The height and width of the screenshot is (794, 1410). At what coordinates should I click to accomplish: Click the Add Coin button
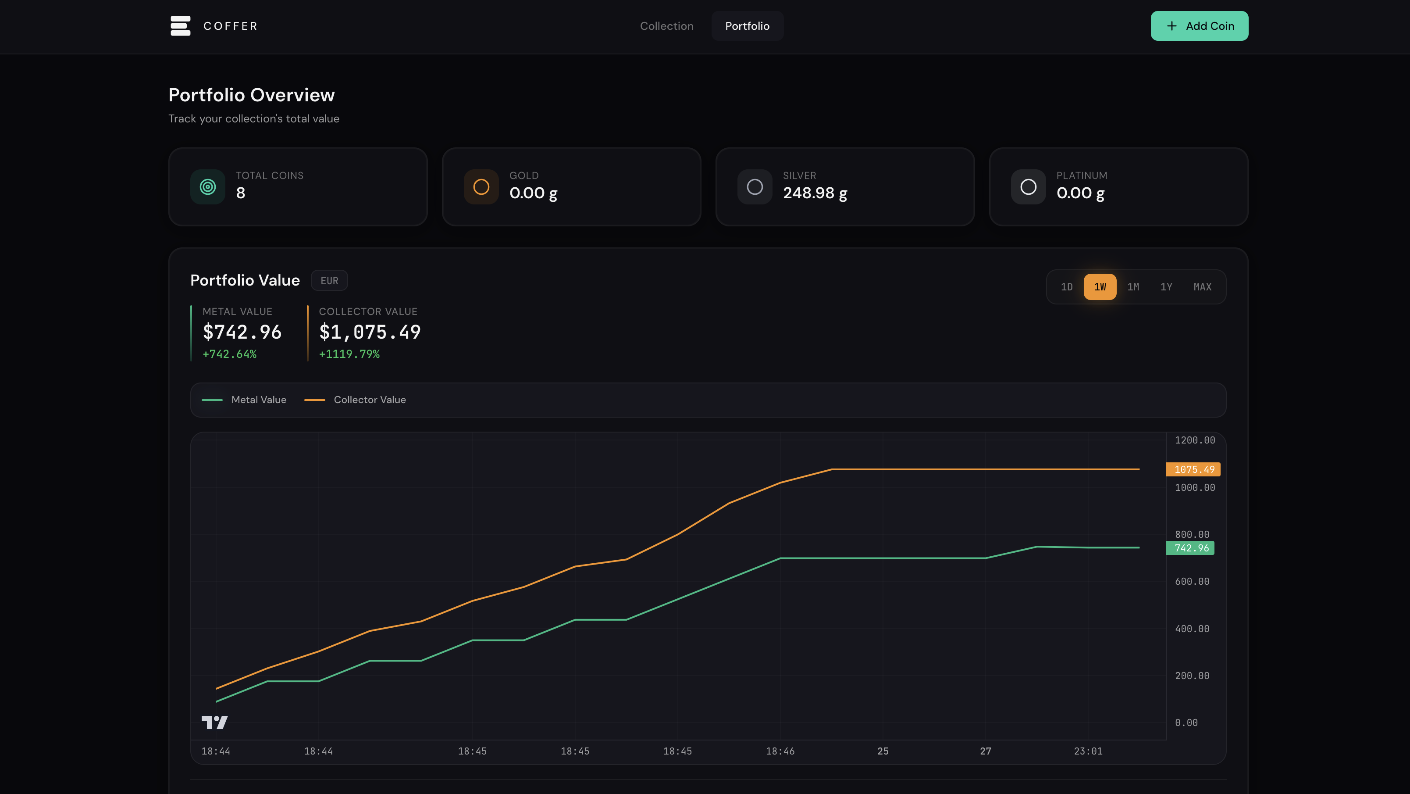pos(1199,26)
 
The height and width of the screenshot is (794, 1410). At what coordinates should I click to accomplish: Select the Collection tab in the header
pos(666,26)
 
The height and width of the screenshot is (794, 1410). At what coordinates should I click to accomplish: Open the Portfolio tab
pos(747,26)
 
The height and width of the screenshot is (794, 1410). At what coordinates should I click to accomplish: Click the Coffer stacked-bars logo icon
pos(180,26)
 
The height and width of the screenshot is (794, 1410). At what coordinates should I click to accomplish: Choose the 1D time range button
pos(1066,287)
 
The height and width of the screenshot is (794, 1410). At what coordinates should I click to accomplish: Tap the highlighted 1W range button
pos(1100,287)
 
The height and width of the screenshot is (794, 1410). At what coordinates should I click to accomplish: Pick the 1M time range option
pos(1133,287)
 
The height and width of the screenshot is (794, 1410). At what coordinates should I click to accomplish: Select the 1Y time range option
pos(1166,287)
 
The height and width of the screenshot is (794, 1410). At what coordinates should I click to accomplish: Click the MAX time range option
pos(1202,287)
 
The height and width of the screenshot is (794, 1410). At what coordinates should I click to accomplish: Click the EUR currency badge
pos(329,280)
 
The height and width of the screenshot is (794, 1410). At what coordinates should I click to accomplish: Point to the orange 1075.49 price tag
pos(1193,469)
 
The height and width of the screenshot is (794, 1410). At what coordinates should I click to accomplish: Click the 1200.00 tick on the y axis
pos(1194,440)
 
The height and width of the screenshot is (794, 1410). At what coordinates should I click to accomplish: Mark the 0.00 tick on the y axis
pos(1186,723)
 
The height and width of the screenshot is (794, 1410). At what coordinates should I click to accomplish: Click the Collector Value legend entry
pos(355,400)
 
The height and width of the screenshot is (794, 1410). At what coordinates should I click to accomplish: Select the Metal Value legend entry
pos(244,400)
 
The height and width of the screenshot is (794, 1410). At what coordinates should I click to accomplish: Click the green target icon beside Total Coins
pos(207,187)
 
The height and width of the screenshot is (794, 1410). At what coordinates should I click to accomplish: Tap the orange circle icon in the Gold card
pos(481,187)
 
